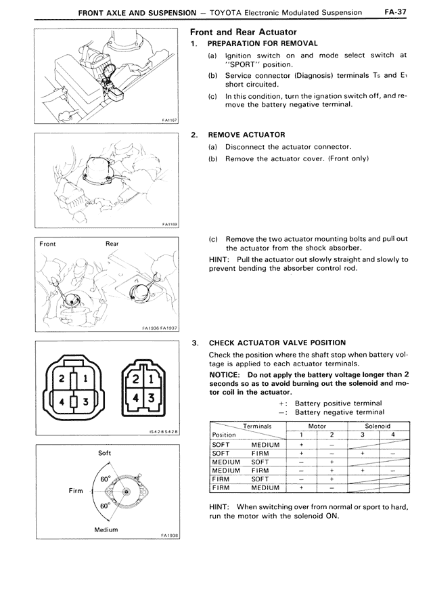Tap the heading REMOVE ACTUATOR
[246, 135]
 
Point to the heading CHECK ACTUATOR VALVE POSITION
[277, 343]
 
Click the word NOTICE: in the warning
[226, 374]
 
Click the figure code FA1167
[169, 121]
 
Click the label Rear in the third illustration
[112, 244]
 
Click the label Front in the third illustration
[48, 244]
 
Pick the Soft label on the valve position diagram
[105, 452]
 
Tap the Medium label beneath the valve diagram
[106, 529]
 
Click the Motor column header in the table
[317, 427]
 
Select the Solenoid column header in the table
[379, 427]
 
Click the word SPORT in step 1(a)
[238, 65]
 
